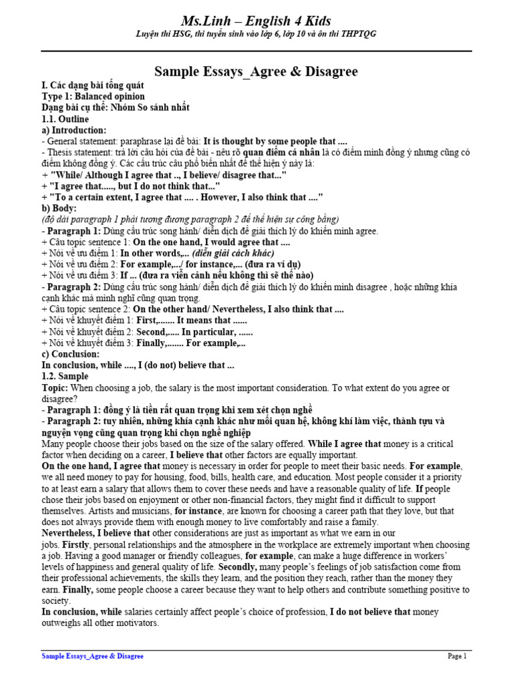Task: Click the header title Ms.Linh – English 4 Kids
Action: [256, 21]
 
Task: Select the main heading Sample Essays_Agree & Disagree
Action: [256, 71]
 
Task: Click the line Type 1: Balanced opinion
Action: [88, 96]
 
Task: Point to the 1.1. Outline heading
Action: [65, 119]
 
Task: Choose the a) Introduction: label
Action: [73, 130]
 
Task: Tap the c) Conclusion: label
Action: [70, 354]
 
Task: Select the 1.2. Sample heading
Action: [65, 377]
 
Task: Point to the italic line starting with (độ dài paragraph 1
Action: [190, 220]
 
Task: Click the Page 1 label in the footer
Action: [457, 657]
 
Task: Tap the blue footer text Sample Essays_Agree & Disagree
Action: [92, 657]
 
